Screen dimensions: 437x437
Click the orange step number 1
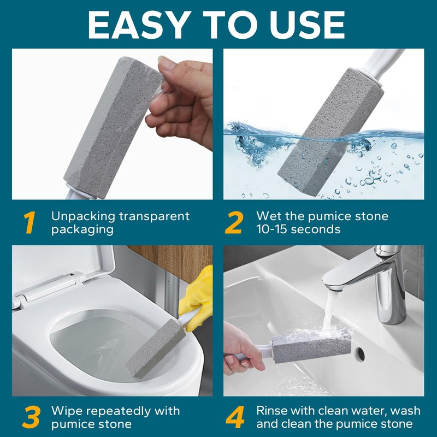click(x=30, y=222)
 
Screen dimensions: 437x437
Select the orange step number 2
click(x=234, y=222)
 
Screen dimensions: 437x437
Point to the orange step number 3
click(x=31, y=417)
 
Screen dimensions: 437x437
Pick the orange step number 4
click(x=235, y=417)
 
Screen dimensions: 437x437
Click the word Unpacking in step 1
click(x=84, y=216)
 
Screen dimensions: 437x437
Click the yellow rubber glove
click(x=197, y=296)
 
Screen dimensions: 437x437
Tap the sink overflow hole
click(x=359, y=354)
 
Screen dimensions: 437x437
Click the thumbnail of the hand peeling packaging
click(x=113, y=124)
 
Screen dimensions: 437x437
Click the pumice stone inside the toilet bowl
click(x=155, y=349)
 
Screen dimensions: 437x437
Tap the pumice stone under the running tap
click(x=311, y=346)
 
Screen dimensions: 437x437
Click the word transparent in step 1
click(x=155, y=216)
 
